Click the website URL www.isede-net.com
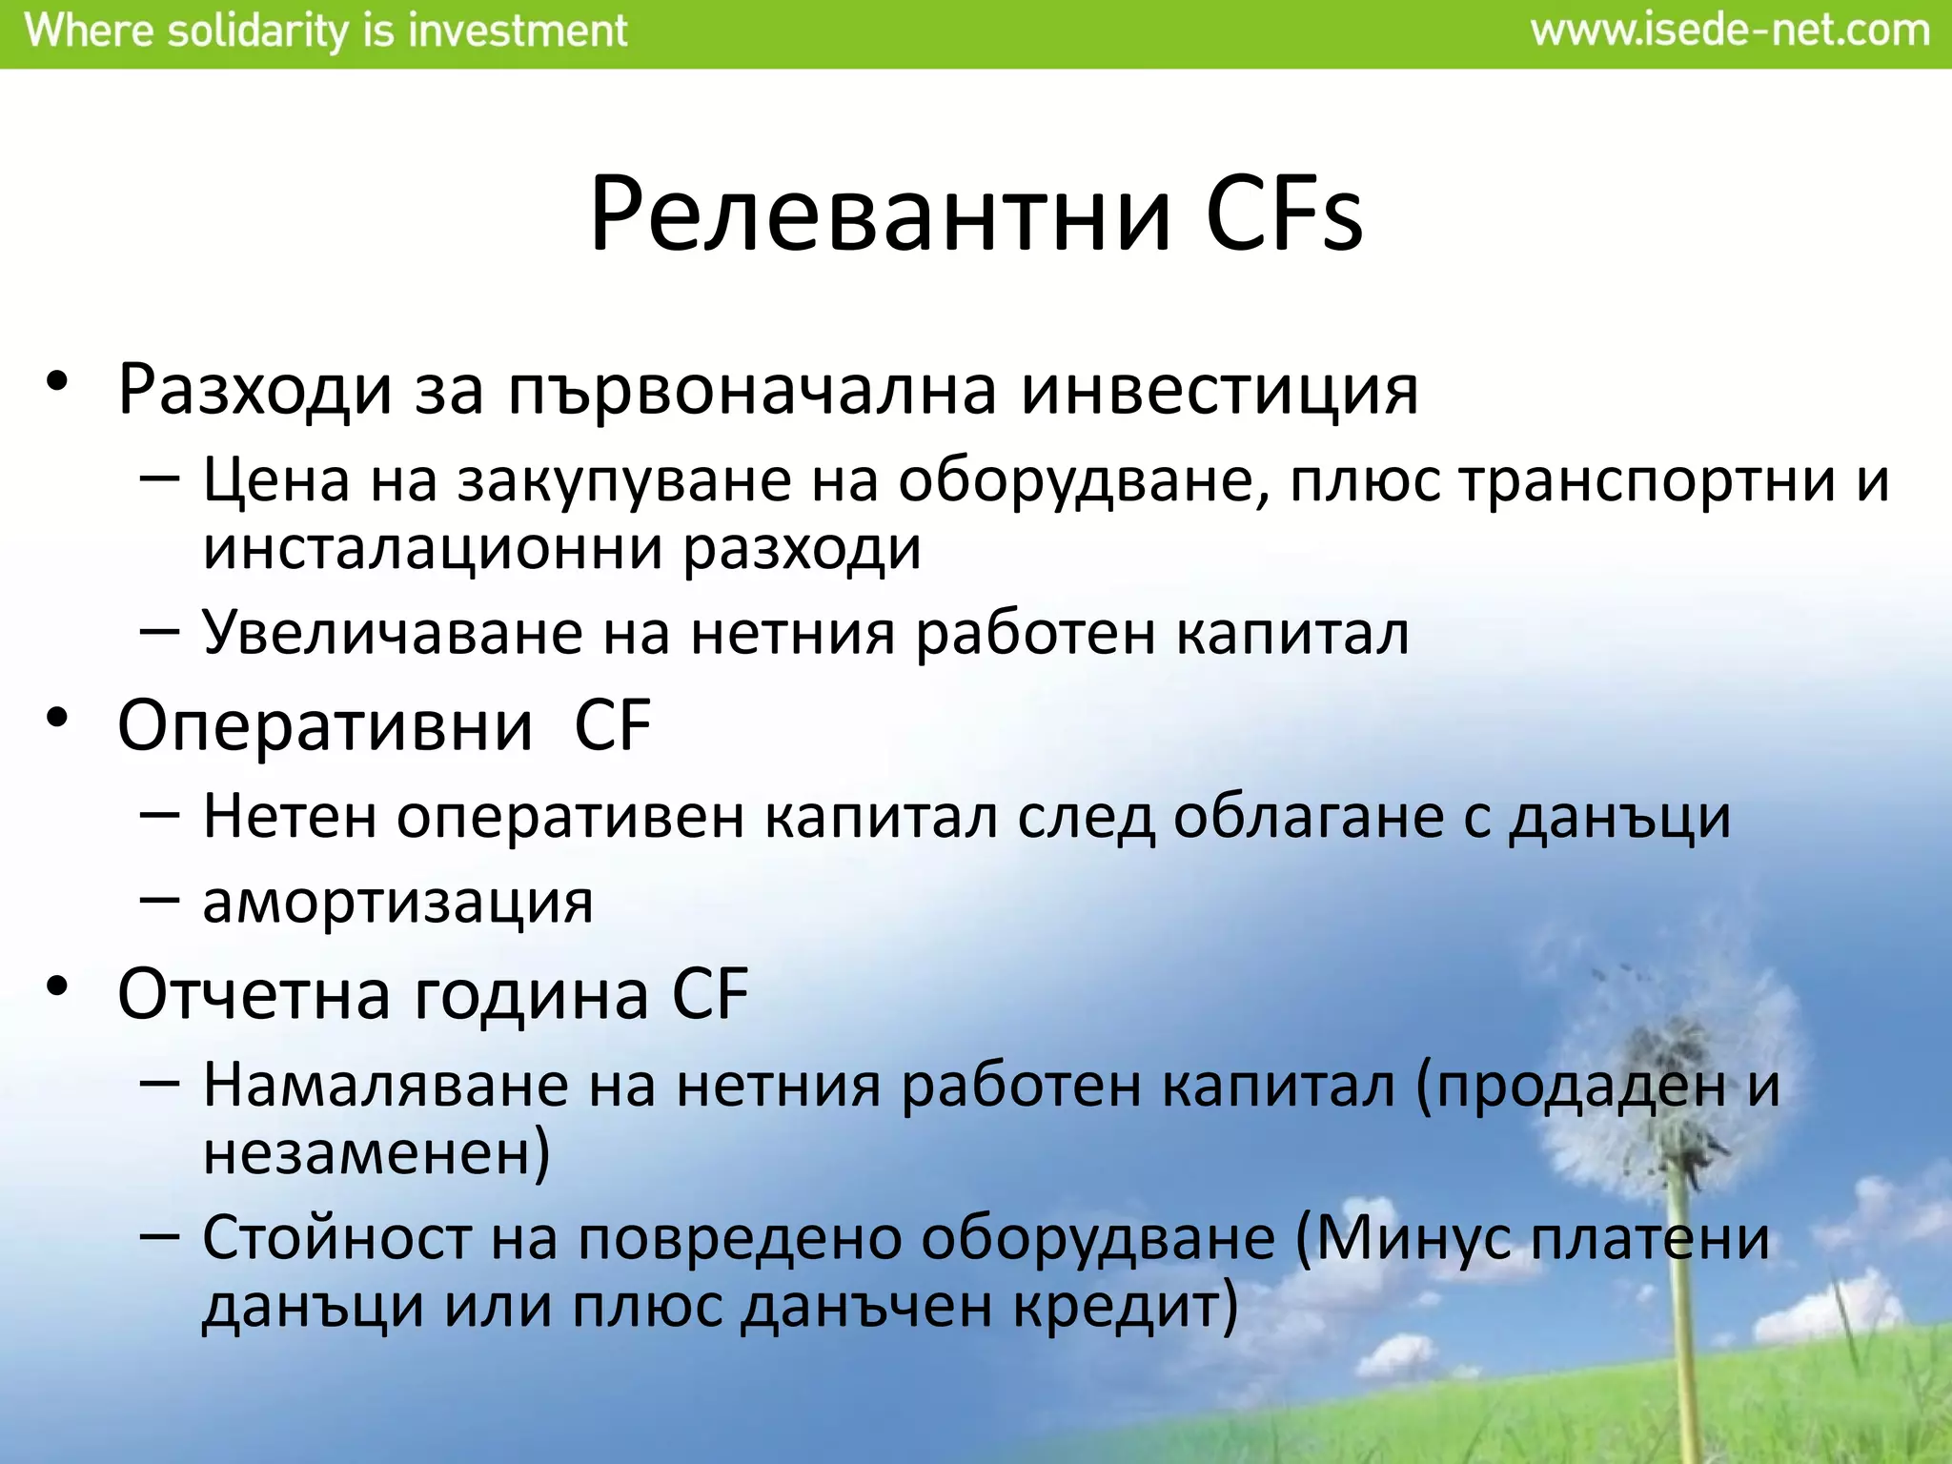pyautogui.click(x=1729, y=31)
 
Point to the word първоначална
pyautogui.click(x=752, y=391)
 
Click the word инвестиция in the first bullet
pyautogui.click(x=1219, y=391)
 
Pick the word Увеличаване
pyautogui.click(x=392, y=633)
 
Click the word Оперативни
pyautogui.click(x=325, y=726)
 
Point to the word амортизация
pyautogui.click(x=397, y=901)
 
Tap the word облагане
pyautogui.click(x=1308, y=817)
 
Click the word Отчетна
pyautogui.click(x=254, y=994)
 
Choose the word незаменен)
pyautogui.click(x=376, y=1153)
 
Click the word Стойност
pyautogui.click(x=336, y=1238)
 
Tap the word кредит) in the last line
pyautogui.click(x=1125, y=1306)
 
